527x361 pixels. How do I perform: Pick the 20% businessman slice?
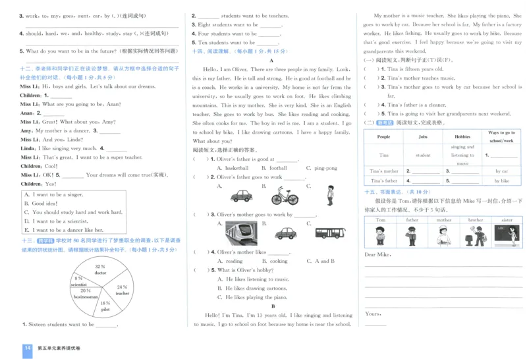tap(86, 294)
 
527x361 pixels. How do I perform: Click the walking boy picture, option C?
tap(330, 194)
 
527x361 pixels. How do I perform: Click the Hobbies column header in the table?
tap(462, 137)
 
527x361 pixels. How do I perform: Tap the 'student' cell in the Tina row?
tap(423, 155)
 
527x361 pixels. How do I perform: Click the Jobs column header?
tap(423, 137)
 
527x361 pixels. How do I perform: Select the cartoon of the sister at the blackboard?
tap(507, 235)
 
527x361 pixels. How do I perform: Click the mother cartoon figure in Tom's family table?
tap(444, 235)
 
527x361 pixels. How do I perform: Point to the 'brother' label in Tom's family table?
tap(476, 220)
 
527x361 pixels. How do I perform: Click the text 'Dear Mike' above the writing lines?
tap(377, 254)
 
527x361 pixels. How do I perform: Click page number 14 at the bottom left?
tap(27, 348)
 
